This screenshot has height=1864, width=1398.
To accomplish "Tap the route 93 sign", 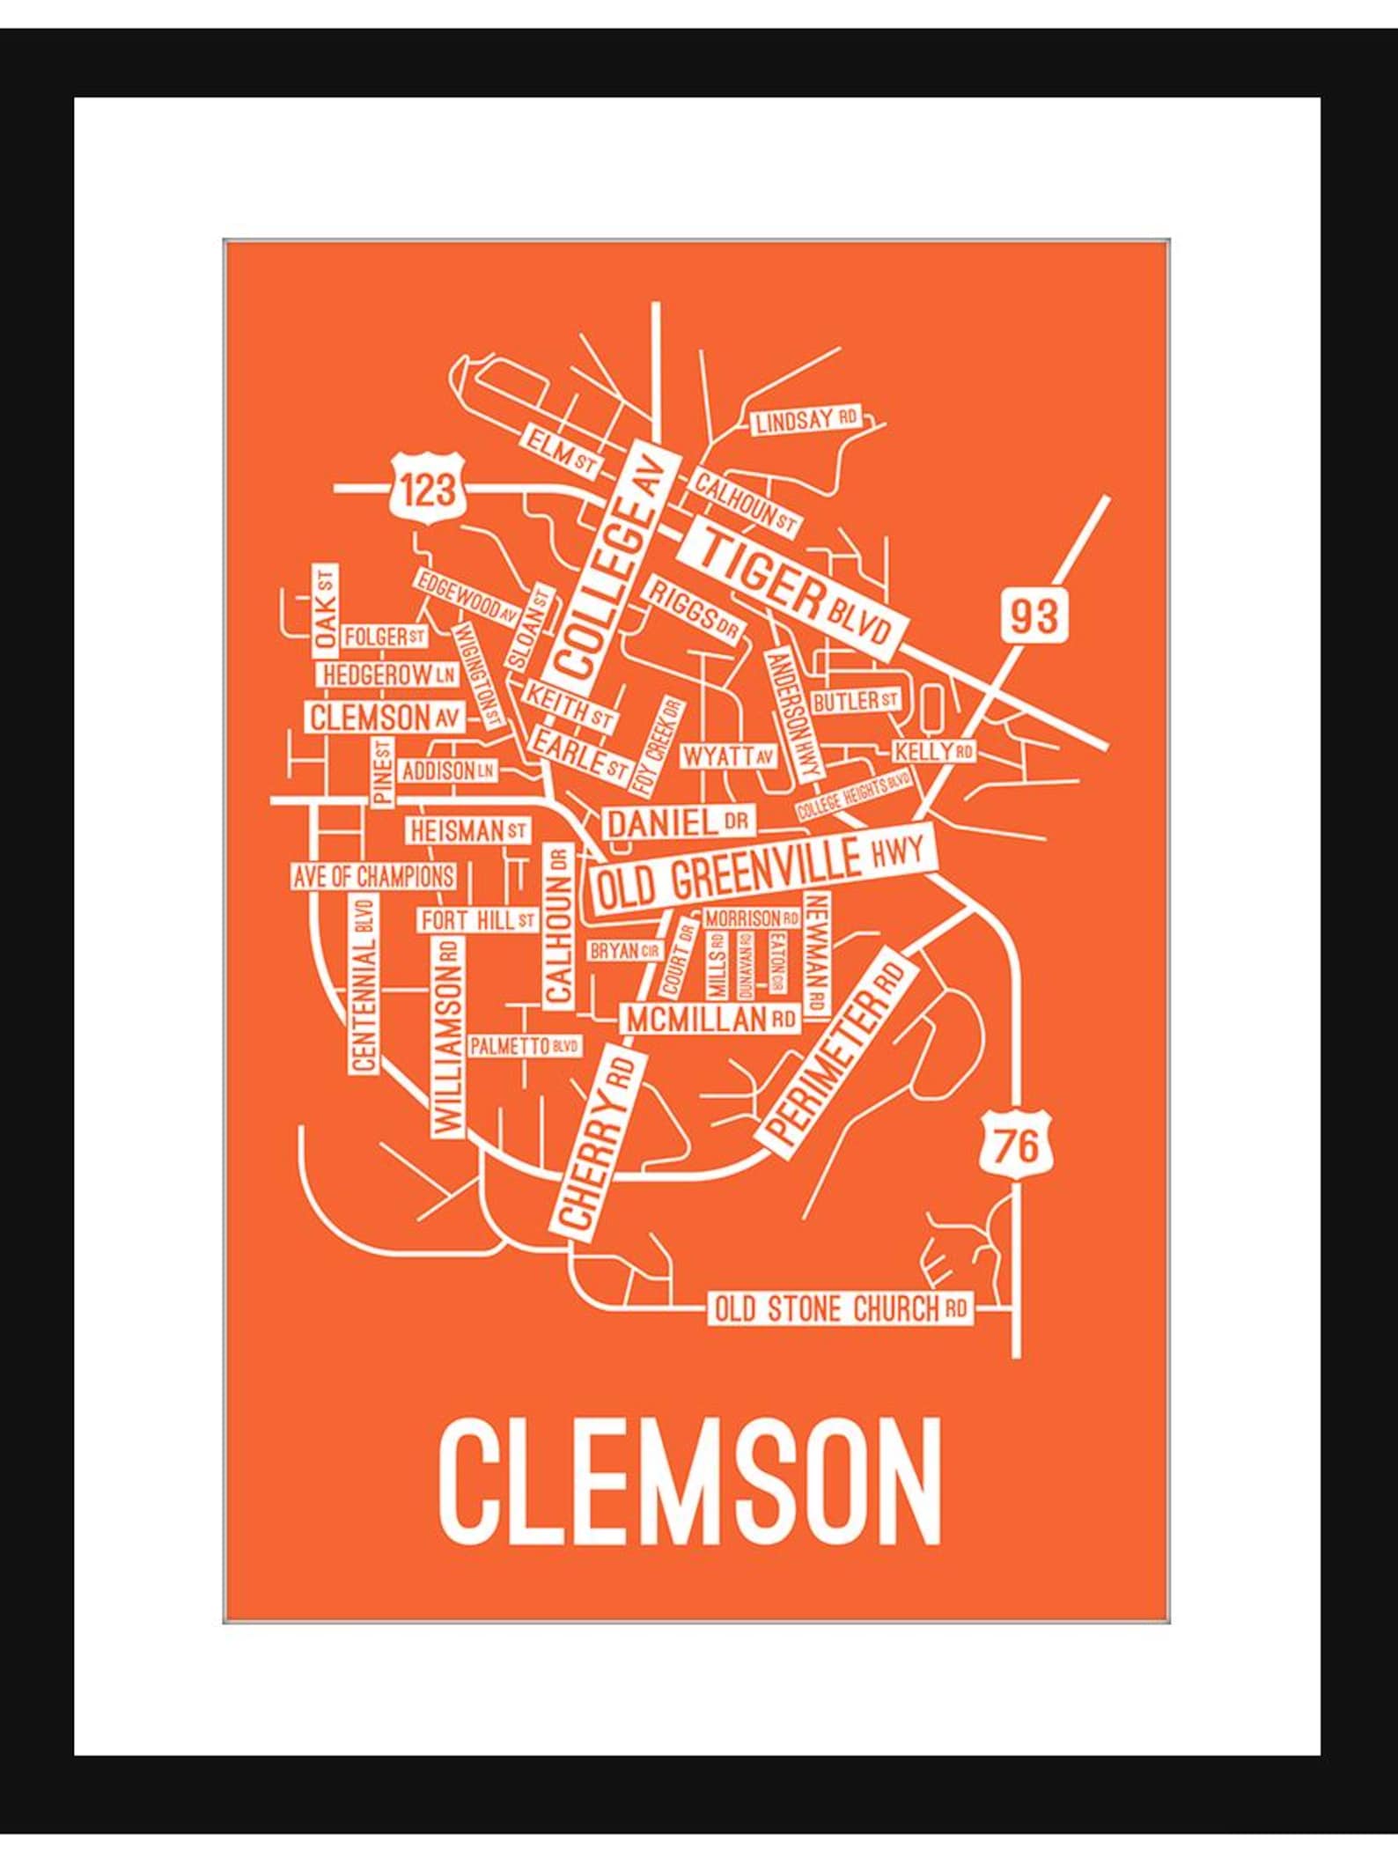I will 1033,615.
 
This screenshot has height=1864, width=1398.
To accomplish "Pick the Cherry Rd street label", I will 595,1142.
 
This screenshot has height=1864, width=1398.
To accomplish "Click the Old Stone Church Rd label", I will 839,1308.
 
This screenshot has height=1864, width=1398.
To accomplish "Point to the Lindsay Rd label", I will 806,421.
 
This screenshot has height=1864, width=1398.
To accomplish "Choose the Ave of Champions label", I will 374,876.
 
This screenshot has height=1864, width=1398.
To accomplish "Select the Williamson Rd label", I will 447,1038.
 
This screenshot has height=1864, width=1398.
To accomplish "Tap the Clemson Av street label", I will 386,717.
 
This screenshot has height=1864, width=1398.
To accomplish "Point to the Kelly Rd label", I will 933,751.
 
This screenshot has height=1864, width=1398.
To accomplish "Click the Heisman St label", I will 467,829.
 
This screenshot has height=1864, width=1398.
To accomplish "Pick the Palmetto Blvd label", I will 525,1046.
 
